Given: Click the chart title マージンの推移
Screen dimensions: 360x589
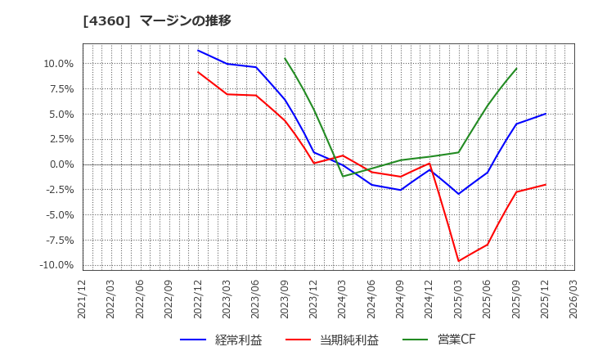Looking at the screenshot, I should (185, 20).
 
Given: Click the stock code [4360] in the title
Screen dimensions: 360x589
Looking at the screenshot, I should (107, 20).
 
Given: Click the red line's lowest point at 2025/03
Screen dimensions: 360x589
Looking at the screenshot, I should (458, 261).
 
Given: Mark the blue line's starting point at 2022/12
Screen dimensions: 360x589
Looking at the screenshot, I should (198, 50).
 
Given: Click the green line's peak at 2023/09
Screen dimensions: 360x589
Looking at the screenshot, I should (285, 58).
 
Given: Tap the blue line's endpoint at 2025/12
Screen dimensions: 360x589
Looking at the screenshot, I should (546, 114).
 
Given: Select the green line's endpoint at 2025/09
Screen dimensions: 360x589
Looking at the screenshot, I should (516, 68).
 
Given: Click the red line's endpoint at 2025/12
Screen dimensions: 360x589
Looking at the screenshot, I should (546, 184).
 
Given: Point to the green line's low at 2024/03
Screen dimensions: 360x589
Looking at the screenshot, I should (343, 176).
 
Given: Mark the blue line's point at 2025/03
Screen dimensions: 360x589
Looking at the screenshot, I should (458, 194).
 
